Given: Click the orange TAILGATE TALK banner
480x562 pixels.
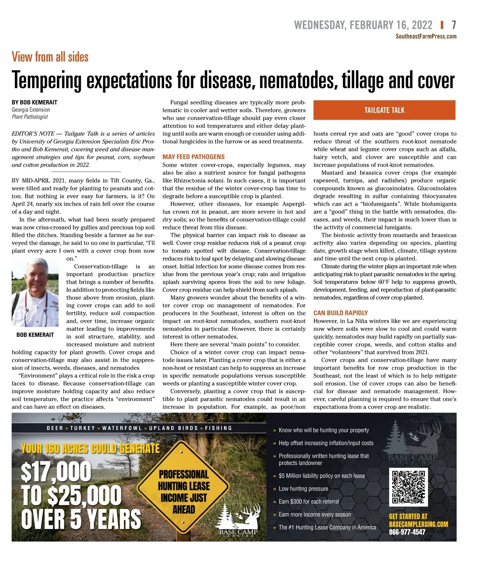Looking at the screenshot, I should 384,110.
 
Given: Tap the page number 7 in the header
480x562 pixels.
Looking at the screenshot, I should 454,25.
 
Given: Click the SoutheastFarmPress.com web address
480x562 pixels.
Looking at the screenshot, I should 426,36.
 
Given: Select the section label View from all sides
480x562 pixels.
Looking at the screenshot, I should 50,57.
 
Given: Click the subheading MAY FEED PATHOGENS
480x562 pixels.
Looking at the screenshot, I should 194,157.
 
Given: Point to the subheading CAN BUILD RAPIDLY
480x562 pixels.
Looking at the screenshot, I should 340,313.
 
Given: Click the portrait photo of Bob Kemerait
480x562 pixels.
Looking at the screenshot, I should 35,292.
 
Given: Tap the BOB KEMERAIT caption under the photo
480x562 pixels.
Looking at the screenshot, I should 35,335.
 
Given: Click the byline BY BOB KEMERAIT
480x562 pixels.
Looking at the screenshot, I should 34,102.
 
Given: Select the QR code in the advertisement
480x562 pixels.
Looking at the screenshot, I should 408,486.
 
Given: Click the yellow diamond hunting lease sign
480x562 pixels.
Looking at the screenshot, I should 184,492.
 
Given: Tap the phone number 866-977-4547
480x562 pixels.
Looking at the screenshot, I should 407,532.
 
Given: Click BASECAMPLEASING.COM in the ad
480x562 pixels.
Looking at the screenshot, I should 418,524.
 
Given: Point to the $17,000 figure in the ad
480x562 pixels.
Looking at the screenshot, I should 56,472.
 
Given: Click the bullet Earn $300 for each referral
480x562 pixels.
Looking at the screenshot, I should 308,502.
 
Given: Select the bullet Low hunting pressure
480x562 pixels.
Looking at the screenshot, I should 303,489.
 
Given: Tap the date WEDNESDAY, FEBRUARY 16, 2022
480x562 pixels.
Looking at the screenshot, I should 363,25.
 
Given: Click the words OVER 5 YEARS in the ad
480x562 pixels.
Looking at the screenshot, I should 81,519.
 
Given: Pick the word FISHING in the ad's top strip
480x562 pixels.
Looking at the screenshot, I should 218,428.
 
